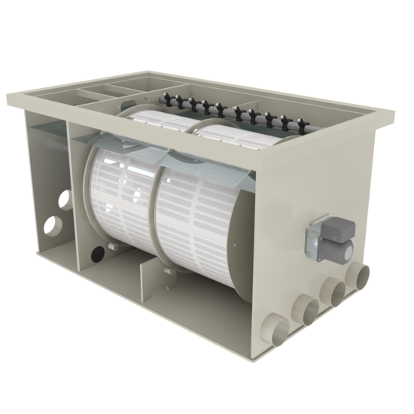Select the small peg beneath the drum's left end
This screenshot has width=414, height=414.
click(113, 265)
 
